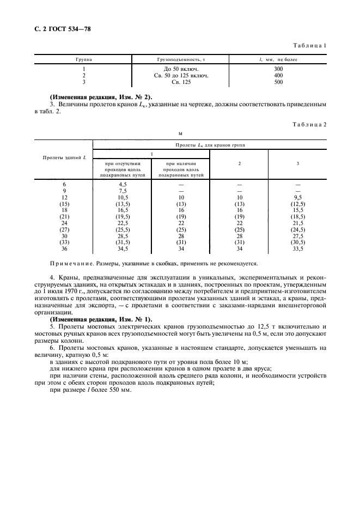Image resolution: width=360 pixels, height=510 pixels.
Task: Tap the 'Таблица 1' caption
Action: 310,45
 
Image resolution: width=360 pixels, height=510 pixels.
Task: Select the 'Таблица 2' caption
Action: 310,124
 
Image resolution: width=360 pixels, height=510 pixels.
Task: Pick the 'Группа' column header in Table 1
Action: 84,59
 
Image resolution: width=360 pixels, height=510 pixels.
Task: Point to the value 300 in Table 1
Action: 278,70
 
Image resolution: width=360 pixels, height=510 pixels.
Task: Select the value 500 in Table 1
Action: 278,82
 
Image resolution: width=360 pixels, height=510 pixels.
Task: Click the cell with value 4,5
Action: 123,185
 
